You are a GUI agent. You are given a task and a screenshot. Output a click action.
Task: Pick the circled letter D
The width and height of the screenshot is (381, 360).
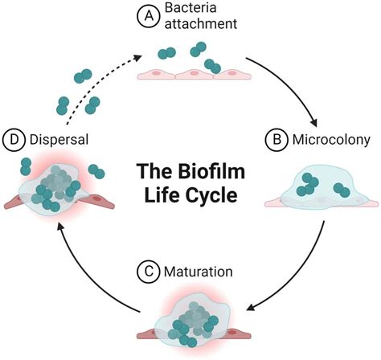(14, 140)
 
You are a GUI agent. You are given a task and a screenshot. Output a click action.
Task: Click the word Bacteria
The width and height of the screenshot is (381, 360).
(190, 7)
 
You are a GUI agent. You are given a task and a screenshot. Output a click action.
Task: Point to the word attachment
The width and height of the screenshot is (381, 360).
(201, 23)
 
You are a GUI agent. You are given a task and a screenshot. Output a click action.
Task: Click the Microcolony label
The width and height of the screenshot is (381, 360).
(331, 140)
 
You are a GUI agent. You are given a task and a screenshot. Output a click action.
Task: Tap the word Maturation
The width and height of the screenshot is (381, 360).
(199, 272)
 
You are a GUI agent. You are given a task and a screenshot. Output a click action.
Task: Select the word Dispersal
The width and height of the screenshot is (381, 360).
(59, 140)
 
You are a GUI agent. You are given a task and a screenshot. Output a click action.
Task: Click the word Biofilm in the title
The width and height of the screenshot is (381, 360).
(211, 171)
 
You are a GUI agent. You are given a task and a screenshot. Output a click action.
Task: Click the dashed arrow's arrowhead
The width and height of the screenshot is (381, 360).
(137, 57)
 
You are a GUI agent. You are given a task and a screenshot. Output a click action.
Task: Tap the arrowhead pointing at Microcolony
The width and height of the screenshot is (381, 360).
(313, 122)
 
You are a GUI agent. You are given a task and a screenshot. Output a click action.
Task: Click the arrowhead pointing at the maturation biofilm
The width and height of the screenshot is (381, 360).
(251, 307)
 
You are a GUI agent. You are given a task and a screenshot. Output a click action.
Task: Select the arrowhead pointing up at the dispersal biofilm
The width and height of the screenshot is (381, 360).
(61, 228)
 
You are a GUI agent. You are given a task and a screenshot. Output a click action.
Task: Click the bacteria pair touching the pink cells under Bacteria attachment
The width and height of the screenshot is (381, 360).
(212, 67)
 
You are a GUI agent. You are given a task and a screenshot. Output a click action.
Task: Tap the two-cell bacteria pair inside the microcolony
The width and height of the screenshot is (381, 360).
(342, 190)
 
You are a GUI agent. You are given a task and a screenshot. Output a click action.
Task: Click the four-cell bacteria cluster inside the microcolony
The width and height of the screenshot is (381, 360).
(308, 184)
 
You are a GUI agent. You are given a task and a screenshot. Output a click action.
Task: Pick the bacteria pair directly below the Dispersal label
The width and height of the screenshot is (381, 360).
(26, 166)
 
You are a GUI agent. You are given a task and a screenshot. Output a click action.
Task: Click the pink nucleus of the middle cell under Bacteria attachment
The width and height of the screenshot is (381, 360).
(195, 72)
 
